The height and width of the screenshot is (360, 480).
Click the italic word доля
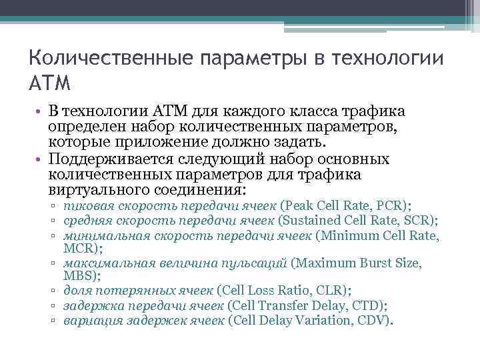(76, 290)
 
